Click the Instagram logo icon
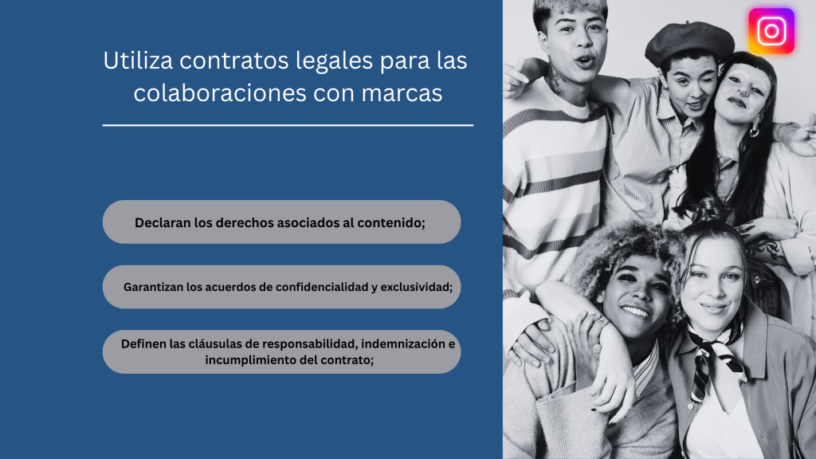pos(771,31)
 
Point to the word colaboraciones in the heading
pos(220,92)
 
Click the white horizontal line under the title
pos(288,125)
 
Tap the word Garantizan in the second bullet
pos(153,287)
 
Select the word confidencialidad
pos(322,287)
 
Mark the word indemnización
pos(403,344)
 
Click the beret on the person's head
pos(688,41)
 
